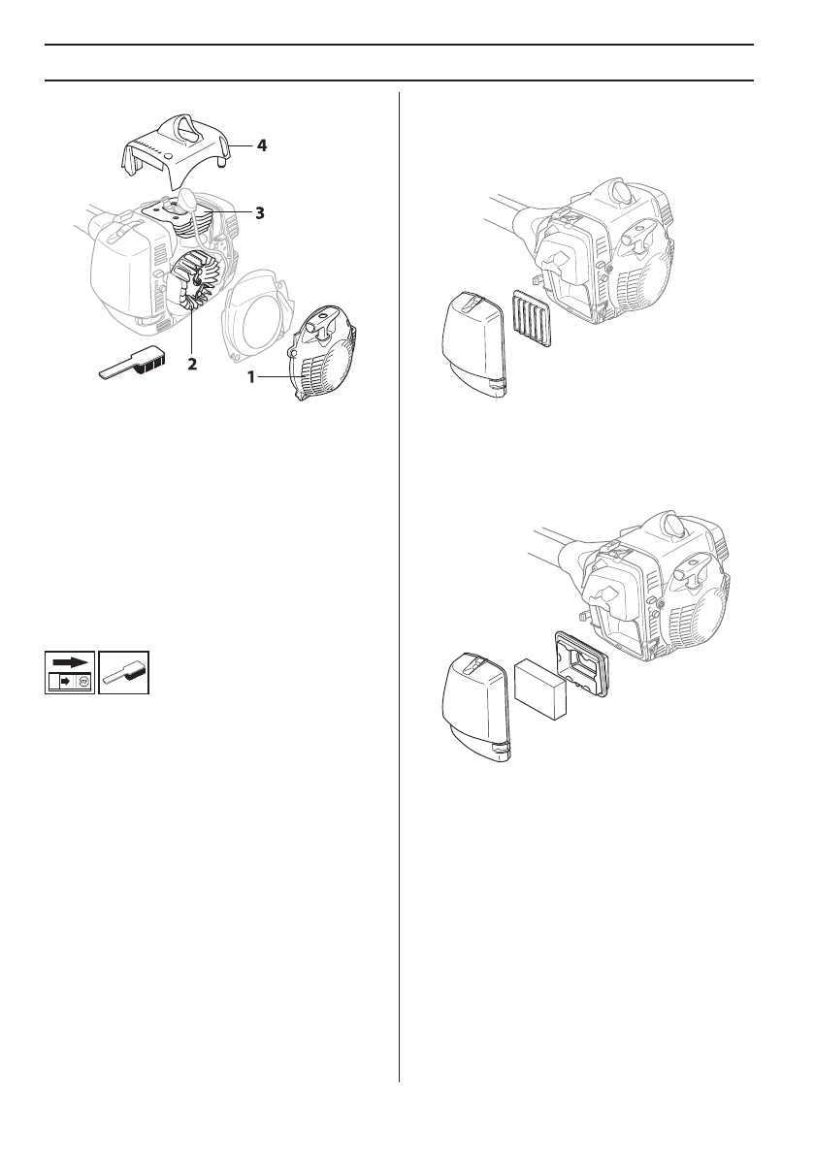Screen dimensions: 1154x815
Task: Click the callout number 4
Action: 262,145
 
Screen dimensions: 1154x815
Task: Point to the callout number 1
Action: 251,378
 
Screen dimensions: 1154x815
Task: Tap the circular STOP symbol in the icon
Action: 83,682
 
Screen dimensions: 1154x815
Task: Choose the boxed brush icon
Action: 124,671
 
